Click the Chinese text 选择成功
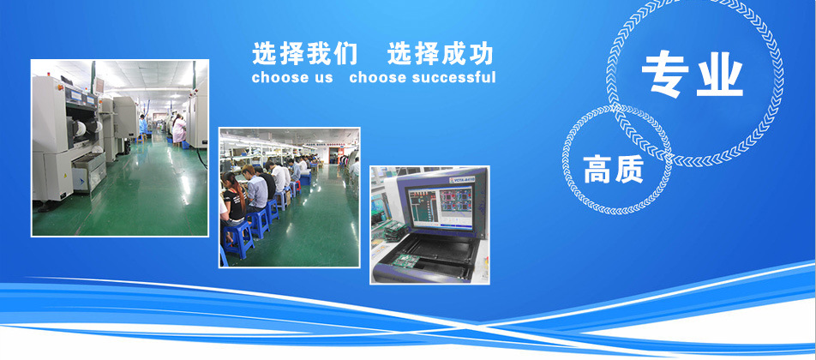point(441,54)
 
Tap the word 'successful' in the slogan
point(453,78)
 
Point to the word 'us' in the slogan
point(322,78)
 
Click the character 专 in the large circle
point(665,74)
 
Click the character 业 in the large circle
point(720,74)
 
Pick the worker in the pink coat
point(179,129)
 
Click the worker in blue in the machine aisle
point(143,128)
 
